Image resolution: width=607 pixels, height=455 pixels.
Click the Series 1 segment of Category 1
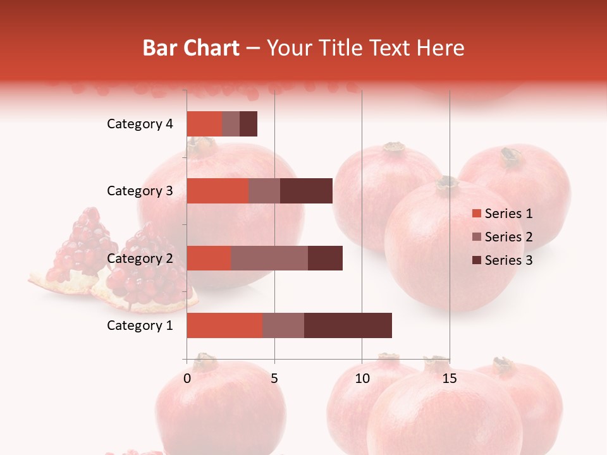[224, 325]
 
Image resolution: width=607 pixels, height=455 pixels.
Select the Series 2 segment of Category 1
[283, 325]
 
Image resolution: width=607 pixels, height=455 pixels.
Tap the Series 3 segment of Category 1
[348, 325]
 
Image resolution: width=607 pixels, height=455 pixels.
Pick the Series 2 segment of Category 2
[269, 258]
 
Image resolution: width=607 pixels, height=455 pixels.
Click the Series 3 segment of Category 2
[325, 258]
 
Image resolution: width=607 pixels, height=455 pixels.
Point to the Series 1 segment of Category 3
[218, 191]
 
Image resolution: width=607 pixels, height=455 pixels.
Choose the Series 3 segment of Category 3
[306, 191]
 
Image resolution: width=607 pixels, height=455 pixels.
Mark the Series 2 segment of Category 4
[231, 124]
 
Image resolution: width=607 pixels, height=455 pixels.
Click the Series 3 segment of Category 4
[248, 124]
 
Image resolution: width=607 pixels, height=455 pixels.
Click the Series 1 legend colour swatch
[476, 214]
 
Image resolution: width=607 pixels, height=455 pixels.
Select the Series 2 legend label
[508, 237]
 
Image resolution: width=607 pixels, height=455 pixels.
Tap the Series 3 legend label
[508, 260]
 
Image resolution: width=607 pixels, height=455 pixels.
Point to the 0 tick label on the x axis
[187, 379]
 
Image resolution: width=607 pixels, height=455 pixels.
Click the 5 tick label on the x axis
[274, 379]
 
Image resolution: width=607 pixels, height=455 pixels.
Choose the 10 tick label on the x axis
[362, 379]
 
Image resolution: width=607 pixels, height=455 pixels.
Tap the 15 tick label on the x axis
[450, 379]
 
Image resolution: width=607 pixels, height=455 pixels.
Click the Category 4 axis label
[140, 124]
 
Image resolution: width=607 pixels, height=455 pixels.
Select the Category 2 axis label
[140, 258]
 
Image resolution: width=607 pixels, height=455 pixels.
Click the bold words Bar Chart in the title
[191, 48]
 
